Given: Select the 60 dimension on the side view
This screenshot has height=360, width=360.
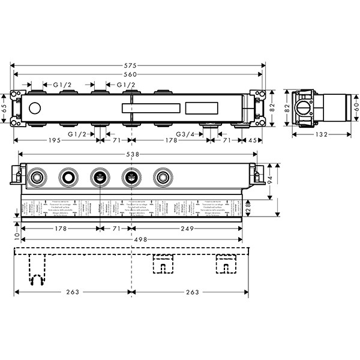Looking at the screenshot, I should click(x=355, y=108).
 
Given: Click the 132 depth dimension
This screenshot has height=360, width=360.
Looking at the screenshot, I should click(x=322, y=134).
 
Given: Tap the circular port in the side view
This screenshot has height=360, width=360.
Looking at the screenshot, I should click(x=303, y=109).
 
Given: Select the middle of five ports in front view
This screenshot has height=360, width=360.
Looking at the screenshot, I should click(x=98, y=177).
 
